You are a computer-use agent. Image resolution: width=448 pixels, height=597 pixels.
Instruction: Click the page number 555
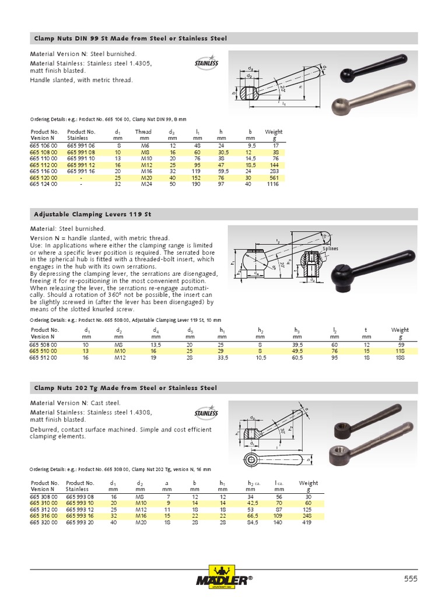[411, 578]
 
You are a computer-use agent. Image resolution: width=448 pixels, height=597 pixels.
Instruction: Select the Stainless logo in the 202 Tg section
[206, 413]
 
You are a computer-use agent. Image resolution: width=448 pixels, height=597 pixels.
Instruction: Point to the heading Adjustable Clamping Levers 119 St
[92, 214]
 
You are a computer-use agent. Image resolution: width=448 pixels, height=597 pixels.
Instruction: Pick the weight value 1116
[273, 184]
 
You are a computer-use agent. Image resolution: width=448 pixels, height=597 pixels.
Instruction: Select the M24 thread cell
[143, 184]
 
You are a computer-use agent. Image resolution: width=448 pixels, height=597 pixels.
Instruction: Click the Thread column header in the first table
[143, 132]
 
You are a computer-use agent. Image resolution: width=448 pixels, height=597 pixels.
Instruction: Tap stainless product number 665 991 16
[80, 171]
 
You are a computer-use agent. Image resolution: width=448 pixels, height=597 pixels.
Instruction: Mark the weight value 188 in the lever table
[400, 358]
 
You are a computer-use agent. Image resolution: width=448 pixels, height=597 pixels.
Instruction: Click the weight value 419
[308, 523]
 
